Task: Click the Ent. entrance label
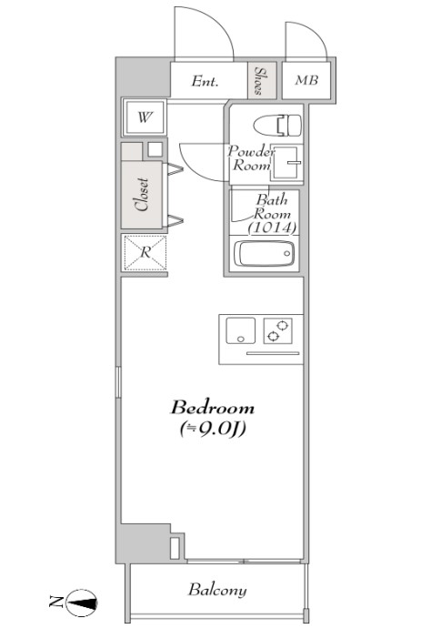pos(205,81)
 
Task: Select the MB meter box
pos(305,80)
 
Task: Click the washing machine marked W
pos(145,117)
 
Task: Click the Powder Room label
pos(250,158)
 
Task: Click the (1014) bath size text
pos(273,228)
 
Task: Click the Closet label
pos(142,193)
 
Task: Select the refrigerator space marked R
pos(145,252)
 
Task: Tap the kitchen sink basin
pos(240,332)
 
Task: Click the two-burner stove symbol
pos(278,331)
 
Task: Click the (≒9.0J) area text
pos(212,428)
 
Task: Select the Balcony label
pos(217,591)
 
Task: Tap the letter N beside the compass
pos(55,601)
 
